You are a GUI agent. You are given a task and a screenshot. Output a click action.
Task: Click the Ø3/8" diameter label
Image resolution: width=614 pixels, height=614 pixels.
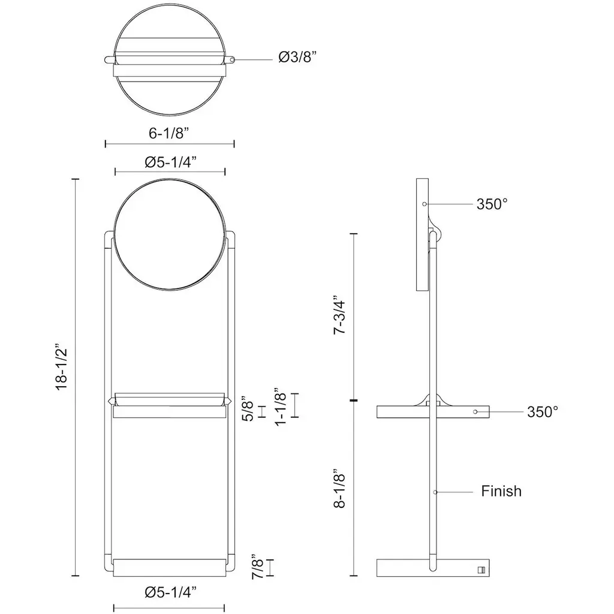click(297, 57)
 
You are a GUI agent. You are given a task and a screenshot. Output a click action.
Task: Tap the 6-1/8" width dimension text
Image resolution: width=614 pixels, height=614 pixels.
click(168, 133)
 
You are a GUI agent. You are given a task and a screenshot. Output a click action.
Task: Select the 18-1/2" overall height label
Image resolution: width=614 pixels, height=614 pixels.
click(62, 367)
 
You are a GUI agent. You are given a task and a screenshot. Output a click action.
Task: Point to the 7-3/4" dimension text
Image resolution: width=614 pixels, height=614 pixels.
click(339, 317)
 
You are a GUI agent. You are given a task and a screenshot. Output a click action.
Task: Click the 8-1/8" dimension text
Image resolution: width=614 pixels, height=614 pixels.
click(339, 488)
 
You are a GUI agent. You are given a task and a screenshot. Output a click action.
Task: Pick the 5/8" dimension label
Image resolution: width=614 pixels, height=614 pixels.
click(249, 411)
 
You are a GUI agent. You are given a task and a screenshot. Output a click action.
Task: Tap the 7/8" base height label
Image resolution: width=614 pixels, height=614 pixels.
click(258, 567)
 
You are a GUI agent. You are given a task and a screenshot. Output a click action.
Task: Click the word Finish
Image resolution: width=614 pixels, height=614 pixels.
click(501, 491)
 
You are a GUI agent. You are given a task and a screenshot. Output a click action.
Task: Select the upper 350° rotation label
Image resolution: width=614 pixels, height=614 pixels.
click(492, 204)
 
